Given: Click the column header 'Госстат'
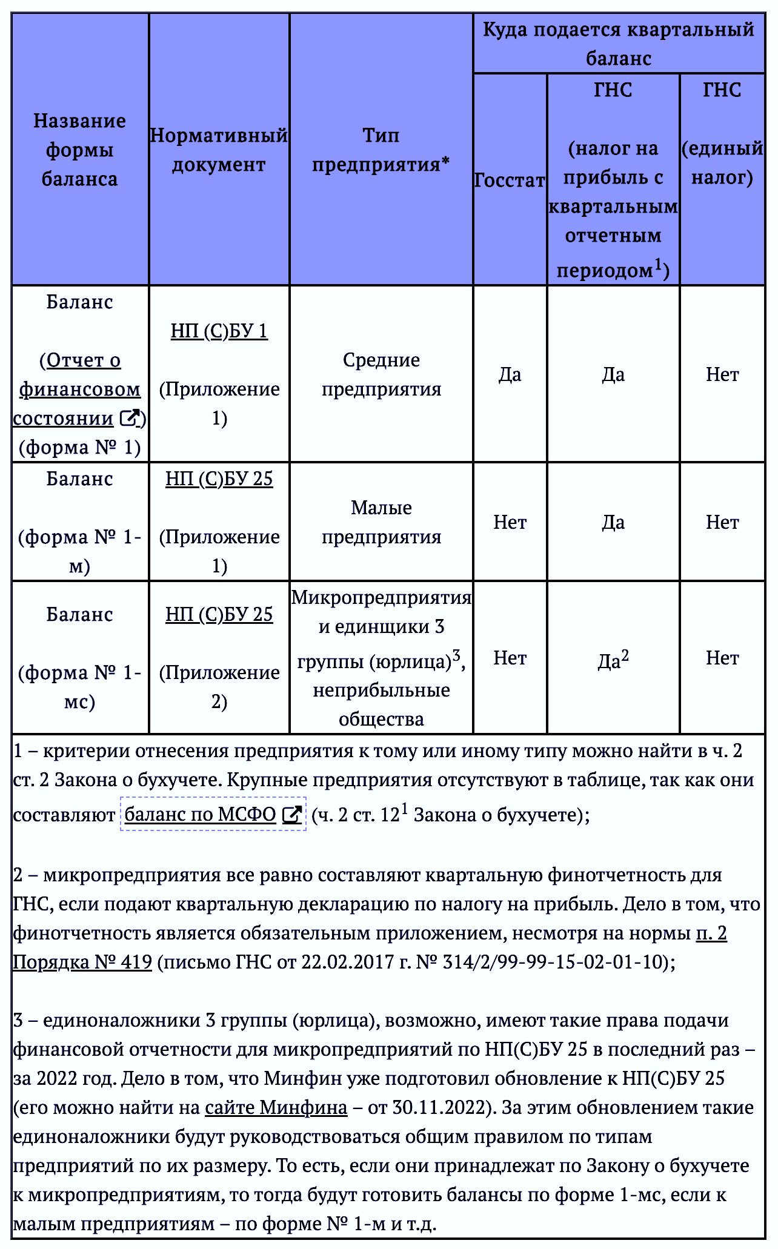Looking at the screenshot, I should coord(510,180).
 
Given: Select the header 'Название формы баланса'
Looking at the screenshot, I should coord(79,150).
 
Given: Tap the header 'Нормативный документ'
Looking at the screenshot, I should coord(219,150).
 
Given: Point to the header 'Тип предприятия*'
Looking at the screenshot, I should coord(381,150).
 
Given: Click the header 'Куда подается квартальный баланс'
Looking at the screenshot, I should coord(618,44).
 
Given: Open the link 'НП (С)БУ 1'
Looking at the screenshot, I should coord(219,331).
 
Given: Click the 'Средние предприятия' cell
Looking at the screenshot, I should coord(381,374).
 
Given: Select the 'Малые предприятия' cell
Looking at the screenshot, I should coord(381,522).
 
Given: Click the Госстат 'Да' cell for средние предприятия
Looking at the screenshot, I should coord(510,374).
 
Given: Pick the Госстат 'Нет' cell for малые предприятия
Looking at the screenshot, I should coord(510,522).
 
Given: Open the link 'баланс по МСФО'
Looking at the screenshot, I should coord(201,814).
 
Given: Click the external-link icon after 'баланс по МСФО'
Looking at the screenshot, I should coord(292,815).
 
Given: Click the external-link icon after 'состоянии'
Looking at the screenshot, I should coord(130,418).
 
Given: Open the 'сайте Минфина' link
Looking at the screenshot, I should coord(276,1107).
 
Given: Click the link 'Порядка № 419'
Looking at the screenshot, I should coord(82,962).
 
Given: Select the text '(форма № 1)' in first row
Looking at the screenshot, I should coord(79,448).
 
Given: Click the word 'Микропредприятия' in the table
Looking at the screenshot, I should coord(381,598).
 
